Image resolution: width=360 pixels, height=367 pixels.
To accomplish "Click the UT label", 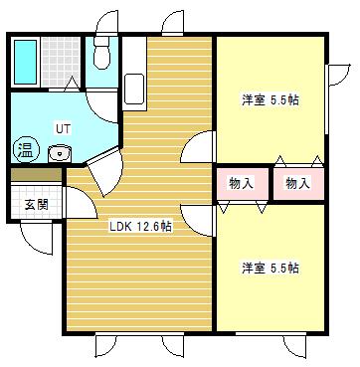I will (62, 128).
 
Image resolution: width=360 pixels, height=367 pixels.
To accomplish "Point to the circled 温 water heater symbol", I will (25, 151).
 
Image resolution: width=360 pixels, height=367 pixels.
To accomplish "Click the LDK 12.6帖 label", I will (140, 226).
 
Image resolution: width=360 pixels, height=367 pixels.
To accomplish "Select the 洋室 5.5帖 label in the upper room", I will (271, 100).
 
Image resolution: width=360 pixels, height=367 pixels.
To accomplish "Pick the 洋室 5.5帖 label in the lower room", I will (271, 268).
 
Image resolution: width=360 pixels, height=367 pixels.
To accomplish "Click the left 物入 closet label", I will (241, 183).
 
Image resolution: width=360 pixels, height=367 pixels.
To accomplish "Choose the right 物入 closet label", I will (297, 183).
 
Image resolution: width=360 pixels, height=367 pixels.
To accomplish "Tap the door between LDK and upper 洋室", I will (200, 147).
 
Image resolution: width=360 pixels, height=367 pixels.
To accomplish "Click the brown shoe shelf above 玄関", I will (36, 176).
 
